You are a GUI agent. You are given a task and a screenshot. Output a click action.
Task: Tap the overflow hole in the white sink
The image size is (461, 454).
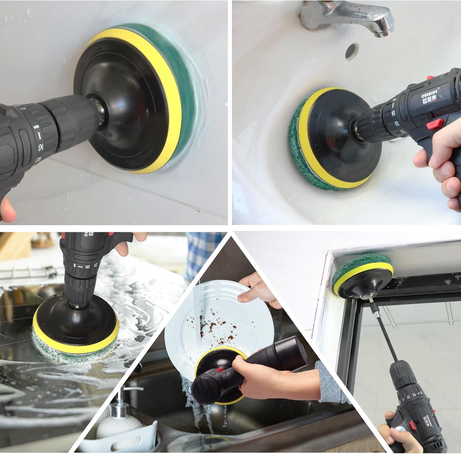tap(352, 51)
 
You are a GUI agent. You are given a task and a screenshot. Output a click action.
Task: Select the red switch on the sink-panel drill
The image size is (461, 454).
tap(435, 124)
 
